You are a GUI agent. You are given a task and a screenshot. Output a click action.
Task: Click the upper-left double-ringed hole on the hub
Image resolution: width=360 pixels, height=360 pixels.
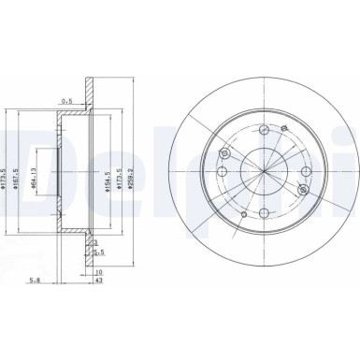click(223, 153)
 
